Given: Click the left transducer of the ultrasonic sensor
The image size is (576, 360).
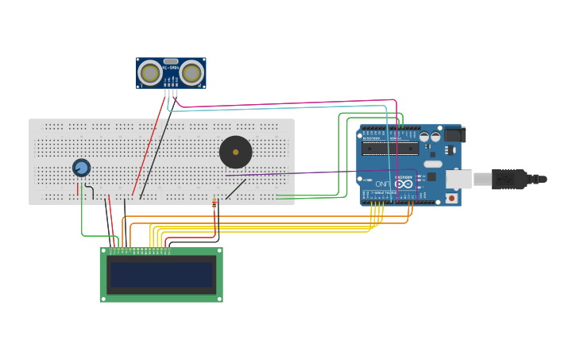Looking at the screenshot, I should point(149,73).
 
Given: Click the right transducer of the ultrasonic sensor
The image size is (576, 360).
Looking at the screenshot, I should point(191,73).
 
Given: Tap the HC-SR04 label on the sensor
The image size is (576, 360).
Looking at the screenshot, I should point(170,68).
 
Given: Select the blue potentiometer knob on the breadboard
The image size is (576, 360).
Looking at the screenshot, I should point(81,168).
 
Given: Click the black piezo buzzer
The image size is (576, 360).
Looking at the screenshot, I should point(235,152).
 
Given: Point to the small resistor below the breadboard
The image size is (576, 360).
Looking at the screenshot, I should point(215,203).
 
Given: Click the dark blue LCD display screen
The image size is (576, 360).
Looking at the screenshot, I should point(161,275).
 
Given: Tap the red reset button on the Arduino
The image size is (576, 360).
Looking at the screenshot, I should point(451,197).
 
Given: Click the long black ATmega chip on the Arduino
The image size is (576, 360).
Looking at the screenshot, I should point(389,148).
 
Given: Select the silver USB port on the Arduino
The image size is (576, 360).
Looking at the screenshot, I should point(458,179).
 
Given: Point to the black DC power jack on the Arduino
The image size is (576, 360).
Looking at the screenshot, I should point(454,135).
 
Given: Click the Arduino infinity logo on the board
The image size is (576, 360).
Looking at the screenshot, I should point(404,184).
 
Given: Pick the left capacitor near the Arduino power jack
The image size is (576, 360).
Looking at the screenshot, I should point(424,137).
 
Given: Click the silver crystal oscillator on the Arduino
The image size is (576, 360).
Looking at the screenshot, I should point(432,164).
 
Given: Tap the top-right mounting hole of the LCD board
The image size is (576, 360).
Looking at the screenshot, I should point(218,252).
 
